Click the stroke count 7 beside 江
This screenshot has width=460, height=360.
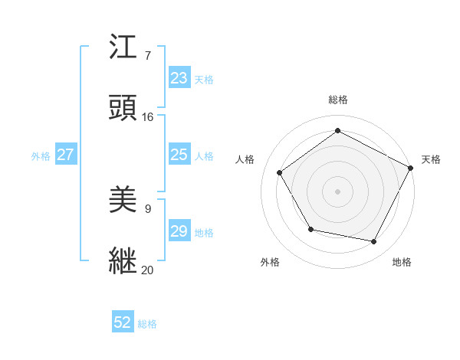pos(148,57)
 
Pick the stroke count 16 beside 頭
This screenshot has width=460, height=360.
pos(148,117)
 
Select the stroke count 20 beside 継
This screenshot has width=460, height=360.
pos(148,270)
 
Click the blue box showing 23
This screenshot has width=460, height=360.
pos(179,78)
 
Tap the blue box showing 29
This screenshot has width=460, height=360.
pos(179,231)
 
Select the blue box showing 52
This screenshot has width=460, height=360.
pos(123,323)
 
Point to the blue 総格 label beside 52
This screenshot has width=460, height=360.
pos(147,324)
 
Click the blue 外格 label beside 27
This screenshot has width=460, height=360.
pos(41,156)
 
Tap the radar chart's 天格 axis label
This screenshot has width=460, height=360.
pos(431,159)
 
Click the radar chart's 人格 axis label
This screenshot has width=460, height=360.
pos(245,159)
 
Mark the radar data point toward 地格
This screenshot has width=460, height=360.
pos(374,242)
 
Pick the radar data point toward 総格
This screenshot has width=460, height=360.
pos(337,131)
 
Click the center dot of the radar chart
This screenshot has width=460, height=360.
pos(337,191)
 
